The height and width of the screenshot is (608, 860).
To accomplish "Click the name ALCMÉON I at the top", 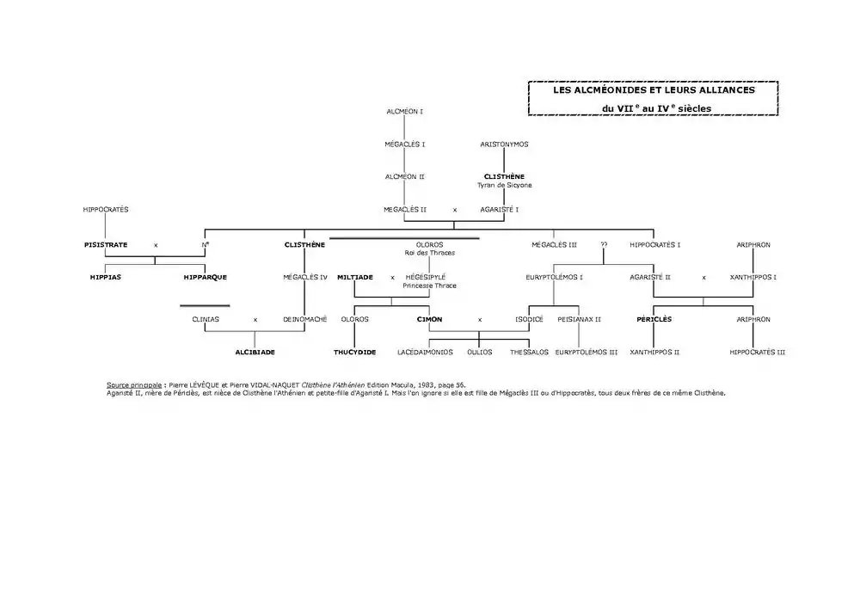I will pyautogui.click(x=405, y=112).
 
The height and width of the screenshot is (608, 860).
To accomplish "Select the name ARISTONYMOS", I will pyautogui.click(x=504, y=144).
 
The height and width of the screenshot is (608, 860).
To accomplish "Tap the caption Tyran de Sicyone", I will pyautogui.click(x=504, y=185).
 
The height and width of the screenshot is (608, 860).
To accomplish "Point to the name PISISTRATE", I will pyautogui.click(x=106, y=245).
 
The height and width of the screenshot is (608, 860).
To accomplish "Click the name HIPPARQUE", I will pyautogui.click(x=206, y=278).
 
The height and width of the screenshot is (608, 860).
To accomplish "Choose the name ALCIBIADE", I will pyautogui.click(x=255, y=352).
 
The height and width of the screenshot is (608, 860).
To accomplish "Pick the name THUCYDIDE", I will pyautogui.click(x=355, y=352).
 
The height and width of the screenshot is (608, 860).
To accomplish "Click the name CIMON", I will pyautogui.click(x=429, y=319).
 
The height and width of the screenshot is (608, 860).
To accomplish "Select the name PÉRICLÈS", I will pyautogui.click(x=654, y=319).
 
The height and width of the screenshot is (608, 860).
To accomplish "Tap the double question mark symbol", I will pyautogui.click(x=604, y=245).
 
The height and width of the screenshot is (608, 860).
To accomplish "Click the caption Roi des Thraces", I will pyautogui.click(x=429, y=253).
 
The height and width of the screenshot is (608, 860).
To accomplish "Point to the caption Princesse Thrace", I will pyautogui.click(x=429, y=286).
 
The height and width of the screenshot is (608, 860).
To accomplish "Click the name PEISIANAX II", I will pyautogui.click(x=579, y=319).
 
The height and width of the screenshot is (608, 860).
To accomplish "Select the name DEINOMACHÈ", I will pyautogui.click(x=305, y=319).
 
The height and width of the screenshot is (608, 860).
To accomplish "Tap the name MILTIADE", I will pyautogui.click(x=355, y=278).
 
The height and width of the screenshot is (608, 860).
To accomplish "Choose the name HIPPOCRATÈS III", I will pyautogui.click(x=757, y=352).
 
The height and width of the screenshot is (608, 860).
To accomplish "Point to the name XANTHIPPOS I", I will pyautogui.click(x=753, y=278).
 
